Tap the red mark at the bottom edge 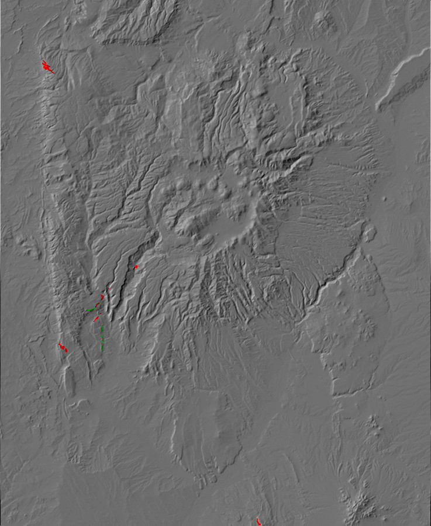[258, 521]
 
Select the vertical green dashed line [102, 338]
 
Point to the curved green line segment [91, 308]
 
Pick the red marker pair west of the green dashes [62, 347]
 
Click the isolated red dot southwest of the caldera [136, 267]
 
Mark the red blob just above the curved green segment [102, 297]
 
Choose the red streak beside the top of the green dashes [96, 319]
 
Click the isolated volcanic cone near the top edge [321, 20]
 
